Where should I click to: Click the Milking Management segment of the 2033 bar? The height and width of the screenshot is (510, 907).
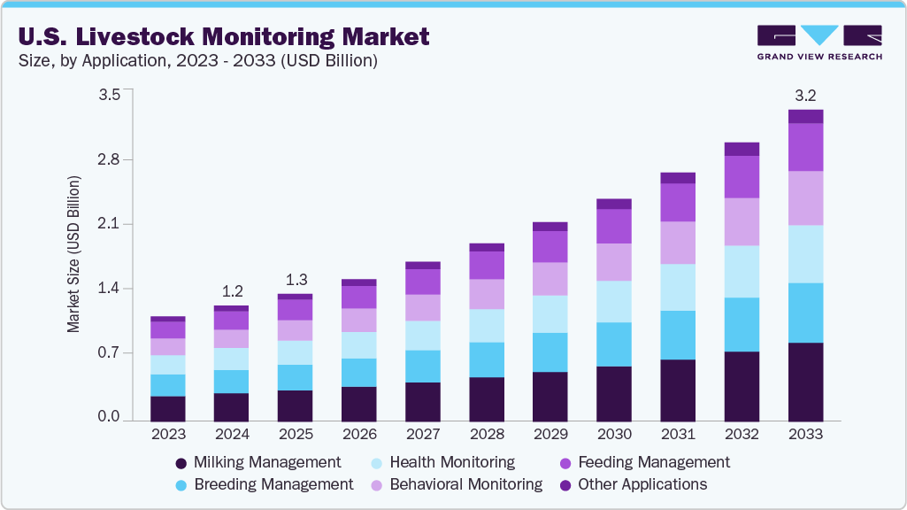(x=805, y=381)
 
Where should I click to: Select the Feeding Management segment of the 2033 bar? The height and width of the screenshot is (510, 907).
(x=805, y=147)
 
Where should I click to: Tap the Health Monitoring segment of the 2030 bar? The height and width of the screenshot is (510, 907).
(x=614, y=301)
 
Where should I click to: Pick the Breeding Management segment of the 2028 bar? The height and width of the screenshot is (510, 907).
(x=487, y=359)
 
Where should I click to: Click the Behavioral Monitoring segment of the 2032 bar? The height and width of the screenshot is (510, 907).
(x=742, y=221)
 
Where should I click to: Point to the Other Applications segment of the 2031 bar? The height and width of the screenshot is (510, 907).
(x=678, y=178)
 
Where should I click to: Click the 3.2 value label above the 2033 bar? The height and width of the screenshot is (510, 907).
(x=805, y=95)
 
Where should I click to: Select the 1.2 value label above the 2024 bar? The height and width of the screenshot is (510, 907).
(x=232, y=290)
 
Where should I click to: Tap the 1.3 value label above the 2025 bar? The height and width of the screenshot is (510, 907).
(x=296, y=279)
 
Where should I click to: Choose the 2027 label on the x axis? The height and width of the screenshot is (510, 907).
(x=423, y=435)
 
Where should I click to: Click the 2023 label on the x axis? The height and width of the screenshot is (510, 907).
(x=168, y=435)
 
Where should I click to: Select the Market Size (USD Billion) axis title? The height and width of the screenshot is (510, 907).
(x=74, y=254)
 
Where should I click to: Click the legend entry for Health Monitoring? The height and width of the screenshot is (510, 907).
(x=451, y=462)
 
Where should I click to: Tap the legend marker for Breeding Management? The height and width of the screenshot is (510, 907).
(x=181, y=485)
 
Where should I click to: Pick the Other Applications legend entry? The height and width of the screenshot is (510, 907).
(x=642, y=484)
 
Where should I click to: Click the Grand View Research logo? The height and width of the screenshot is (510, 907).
(x=819, y=42)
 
